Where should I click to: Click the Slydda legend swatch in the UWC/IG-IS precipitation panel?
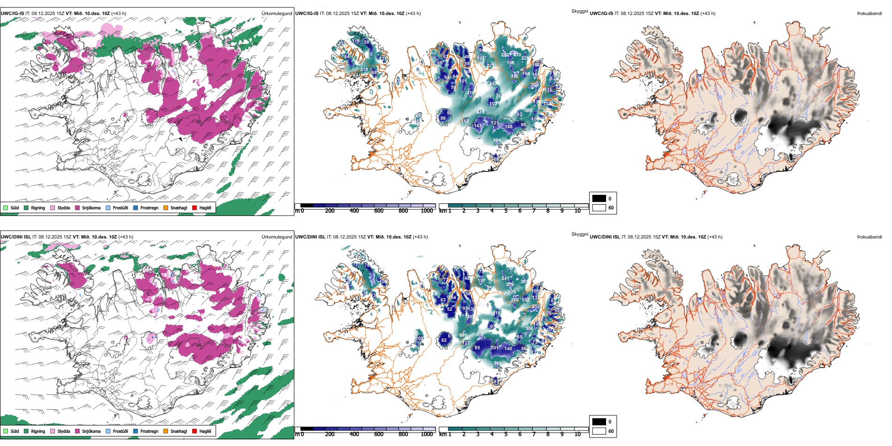(x=53, y=208)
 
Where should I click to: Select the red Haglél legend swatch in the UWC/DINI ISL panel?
(x=194, y=431)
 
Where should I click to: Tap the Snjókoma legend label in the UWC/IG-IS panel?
(x=91, y=208)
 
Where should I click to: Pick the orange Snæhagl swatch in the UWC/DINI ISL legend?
(x=166, y=431)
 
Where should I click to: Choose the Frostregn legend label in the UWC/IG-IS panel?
(x=149, y=208)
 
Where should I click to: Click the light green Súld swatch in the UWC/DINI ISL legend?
(x=6, y=431)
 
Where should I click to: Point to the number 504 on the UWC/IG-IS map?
(x=497, y=140)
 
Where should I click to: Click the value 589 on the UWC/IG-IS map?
(x=528, y=110)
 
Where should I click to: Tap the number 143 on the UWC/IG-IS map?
(x=477, y=125)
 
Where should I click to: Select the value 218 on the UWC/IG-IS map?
(x=364, y=69)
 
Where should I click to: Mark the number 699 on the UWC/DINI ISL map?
(x=463, y=335)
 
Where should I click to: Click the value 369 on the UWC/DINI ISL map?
(x=497, y=363)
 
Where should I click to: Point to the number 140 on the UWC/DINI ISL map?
(x=508, y=348)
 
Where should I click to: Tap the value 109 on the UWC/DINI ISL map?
(x=420, y=338)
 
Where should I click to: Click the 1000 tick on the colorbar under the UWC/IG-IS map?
(x=427, y=211)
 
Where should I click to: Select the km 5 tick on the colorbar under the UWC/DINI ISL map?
(x=506, y=434)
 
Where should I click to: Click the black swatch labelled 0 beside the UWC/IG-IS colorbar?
(x=599, y=198)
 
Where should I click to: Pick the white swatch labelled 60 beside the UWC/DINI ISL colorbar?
(x=599, y=431)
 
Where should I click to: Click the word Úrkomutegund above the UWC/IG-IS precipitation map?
(x=277, y=13)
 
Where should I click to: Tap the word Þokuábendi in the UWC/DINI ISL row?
(x=869, y=237)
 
